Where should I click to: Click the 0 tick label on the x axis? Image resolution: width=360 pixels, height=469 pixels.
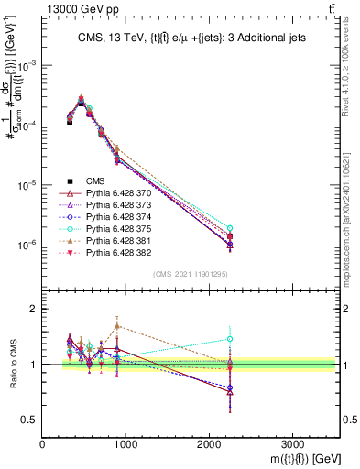click(x=43, y=443)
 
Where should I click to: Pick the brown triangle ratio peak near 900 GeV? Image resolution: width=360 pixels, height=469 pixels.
click(x=117, y=325)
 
